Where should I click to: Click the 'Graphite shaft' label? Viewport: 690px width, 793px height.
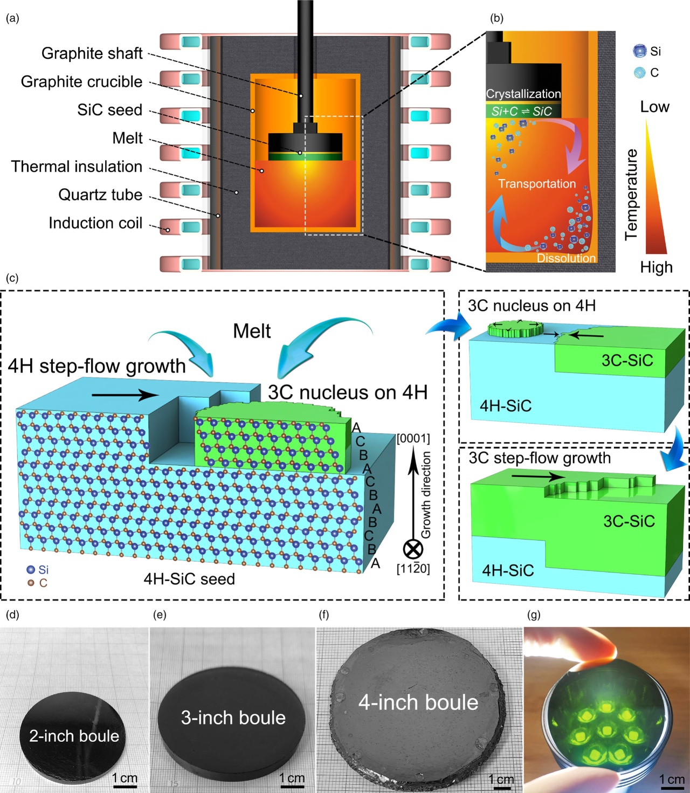[x=92, y=53]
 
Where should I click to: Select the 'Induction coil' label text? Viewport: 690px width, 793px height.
[x=95, y=223]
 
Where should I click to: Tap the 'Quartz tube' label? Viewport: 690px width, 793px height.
[x=100, y=195]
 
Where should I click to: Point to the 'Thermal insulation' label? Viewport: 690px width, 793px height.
[x=77, y=167]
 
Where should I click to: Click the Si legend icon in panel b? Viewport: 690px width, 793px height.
[x=639, y=51]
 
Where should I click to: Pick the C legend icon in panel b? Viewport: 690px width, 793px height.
[x=639, y=72]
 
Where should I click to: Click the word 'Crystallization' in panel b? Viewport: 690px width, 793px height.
[x=523, y=94]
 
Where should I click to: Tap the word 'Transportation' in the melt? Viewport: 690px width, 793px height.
[x=537, y=184]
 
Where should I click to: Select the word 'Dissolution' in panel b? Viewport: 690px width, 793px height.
[x=566, y=258]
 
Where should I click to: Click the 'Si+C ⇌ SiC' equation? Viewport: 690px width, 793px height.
[x=521, y=112]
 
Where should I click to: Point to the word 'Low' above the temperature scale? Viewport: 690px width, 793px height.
[x=654, y=107]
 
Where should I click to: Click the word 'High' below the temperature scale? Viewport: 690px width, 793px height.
[x=656, y=267]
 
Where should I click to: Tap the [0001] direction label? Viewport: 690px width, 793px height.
[x=413, y=438]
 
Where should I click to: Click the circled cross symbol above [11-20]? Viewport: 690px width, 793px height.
[x=413, y=549]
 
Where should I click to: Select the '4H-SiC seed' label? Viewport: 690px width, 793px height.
[x=189, y=579]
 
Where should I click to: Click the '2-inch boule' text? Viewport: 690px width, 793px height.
[x=74, y=736]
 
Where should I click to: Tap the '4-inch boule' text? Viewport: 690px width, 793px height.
[x=418, y=702]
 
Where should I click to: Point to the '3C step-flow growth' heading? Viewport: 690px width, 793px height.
[x=540, y=458]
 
